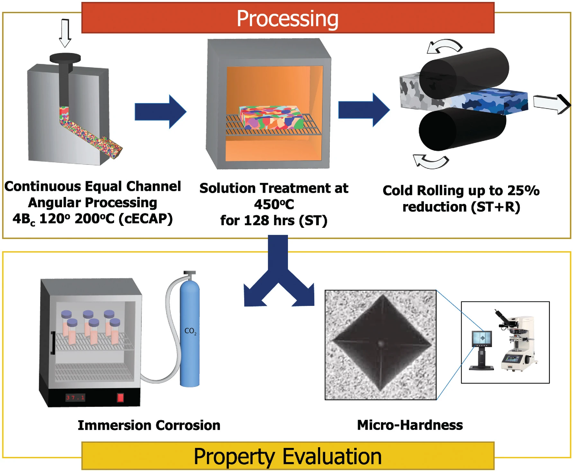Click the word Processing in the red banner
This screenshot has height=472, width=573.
click(x=287, y=19)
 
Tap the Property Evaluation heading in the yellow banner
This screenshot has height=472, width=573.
click(x=287, y=456)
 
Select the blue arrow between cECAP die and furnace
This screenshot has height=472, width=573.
click(x=160, y=111)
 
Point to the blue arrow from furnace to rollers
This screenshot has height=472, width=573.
click(x=363, y=110)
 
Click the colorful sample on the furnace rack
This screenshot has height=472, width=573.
click(x=271, y=118)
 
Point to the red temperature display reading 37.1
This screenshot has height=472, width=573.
click(x=75, y=398)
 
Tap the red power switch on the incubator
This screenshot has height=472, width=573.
click(x=120, y=398)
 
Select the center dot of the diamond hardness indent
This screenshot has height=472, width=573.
click(x=381, y=344)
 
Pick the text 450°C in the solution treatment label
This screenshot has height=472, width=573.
click(x=274, y=204)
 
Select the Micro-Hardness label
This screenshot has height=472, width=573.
click(x=410, y=425)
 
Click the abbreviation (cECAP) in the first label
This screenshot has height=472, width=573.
click(x=146, y=219)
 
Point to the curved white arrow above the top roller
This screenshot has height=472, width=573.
click(x=445, y=46)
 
